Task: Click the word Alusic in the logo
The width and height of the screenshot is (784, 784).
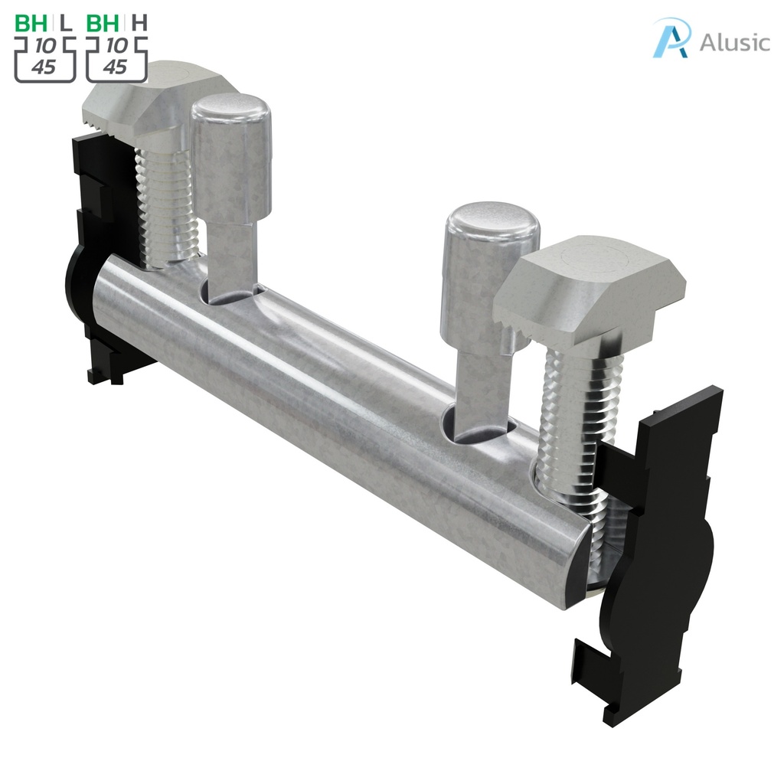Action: [734, 41]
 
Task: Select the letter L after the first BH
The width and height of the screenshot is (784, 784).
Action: [67, 23]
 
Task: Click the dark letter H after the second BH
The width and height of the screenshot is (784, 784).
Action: [139, 23]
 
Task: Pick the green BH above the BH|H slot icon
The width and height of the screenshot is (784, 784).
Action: [103, 23]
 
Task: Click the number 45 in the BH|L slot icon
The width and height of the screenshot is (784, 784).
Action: [44, 67]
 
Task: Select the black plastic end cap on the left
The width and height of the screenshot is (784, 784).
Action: [92, 253]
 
